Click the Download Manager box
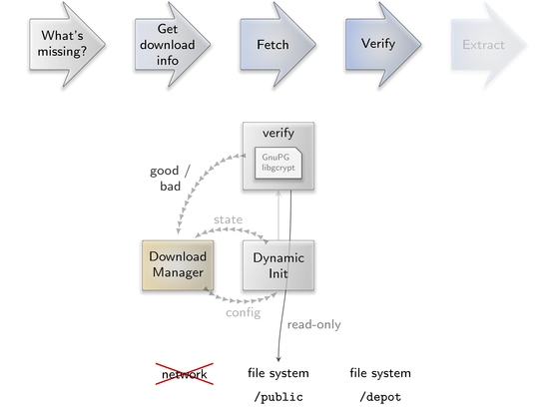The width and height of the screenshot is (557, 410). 178,265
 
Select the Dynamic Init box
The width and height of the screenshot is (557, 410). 278,265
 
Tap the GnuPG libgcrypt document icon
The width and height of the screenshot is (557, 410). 278,163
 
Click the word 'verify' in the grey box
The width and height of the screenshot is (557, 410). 278,133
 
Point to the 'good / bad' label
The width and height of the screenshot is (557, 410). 170,179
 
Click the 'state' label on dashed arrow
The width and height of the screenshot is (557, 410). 228,219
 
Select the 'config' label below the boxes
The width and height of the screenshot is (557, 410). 244,312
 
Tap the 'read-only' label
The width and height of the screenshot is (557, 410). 314,324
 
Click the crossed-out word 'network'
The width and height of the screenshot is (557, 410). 185,374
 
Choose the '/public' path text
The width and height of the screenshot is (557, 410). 278,397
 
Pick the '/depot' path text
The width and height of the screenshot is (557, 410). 380,397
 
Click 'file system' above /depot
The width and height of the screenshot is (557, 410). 380,373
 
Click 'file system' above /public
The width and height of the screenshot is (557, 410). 278,373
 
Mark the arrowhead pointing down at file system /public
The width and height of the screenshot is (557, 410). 278,359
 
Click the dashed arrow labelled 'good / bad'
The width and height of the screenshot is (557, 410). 195,184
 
